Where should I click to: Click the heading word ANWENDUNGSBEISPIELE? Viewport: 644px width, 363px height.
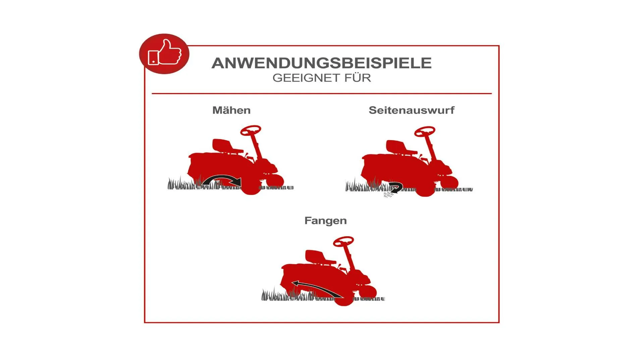(x=321, y=63)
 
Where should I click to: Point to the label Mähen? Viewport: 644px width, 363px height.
(x=231, y=110)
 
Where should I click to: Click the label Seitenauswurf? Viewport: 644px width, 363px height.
(x=412, y=110)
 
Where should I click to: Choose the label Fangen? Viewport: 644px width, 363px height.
(x=325, y=220)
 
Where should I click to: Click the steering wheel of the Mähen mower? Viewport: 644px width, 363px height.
(x=251, y=130)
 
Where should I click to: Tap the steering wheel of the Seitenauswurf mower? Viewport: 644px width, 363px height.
(x=425, y=131)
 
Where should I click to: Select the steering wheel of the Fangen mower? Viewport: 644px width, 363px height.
(x=343, y=241)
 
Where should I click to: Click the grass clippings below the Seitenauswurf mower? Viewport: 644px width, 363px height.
(x=388, y=195)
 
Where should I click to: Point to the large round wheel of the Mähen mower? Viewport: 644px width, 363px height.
(x=251, y=187)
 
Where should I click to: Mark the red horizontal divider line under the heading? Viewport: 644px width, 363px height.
(x=322, y=93)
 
